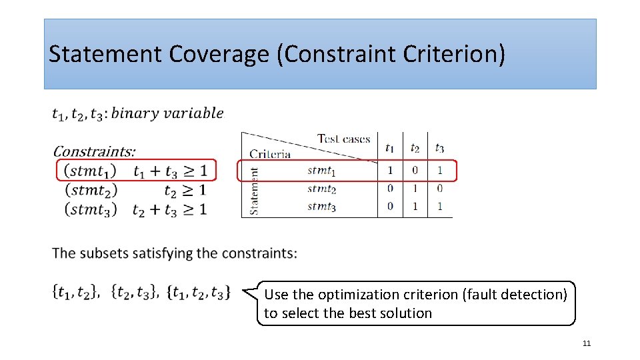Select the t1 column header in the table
pos(389,147)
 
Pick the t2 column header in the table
pos(415,147)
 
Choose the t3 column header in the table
pos(439,147)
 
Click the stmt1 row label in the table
pos(321,171)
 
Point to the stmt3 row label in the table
pos(321,207)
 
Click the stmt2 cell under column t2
pos(415,189)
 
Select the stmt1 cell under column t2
pos(415,171)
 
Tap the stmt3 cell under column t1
pos(390,207)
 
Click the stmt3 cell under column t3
pos(439,207)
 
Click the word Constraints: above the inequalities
pos(93,151)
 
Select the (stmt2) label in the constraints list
pos(91,190)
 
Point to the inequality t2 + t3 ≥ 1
pos(169,209)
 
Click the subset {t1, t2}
pos(77,292)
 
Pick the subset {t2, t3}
pos(135,292)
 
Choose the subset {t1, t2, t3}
pos(199,292)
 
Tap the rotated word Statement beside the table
pos(254,190)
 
